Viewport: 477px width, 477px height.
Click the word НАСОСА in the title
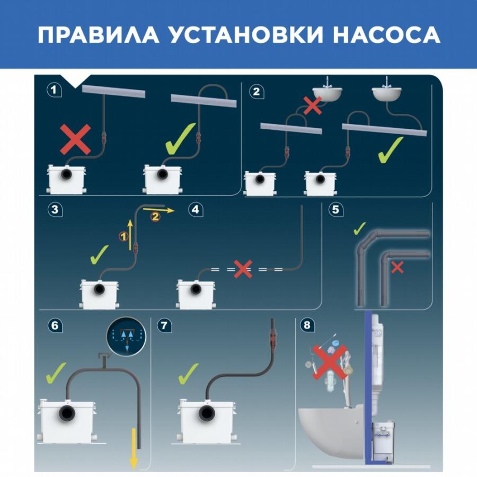pyautogui.click(x=387, y=34)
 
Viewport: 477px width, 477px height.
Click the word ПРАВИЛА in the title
pyautogui.click(x=99, y=34)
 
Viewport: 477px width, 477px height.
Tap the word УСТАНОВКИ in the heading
pyautogui.click(x=246, y=34)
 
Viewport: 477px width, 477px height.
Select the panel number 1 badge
pyautogui.click(x=54, y=90)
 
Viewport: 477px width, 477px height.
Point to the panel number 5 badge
pyautogui.click(x=336, y=209)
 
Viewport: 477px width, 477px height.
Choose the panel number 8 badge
pyautogui.click(x=307, y=325)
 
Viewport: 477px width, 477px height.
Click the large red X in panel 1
pyautogui.click(x=75, y=139)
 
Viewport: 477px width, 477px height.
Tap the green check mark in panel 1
pyautogui.click(x=180, y=138)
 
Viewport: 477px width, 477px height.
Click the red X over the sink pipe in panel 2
pyautogui.click(x=313, y=105)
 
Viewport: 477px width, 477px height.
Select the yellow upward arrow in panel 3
pyautogui.click(x=130, y=234)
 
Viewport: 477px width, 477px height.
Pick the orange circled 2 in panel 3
pyautogui.click(x=155, y=217)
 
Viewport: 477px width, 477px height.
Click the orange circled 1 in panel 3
pyautogui.click(x=123, y=236)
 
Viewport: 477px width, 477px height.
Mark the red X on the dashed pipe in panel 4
pyautogui.click(x=243, y=269)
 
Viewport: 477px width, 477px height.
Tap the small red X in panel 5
pyautogui.click(x=397, y=268)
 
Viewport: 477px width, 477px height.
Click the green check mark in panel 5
pyautogui.click(x=359, y=228)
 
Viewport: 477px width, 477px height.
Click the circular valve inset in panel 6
pyautogui.click(x=126, y=336)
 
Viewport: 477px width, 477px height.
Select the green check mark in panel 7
pyautogui.click(x=188, y=374)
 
